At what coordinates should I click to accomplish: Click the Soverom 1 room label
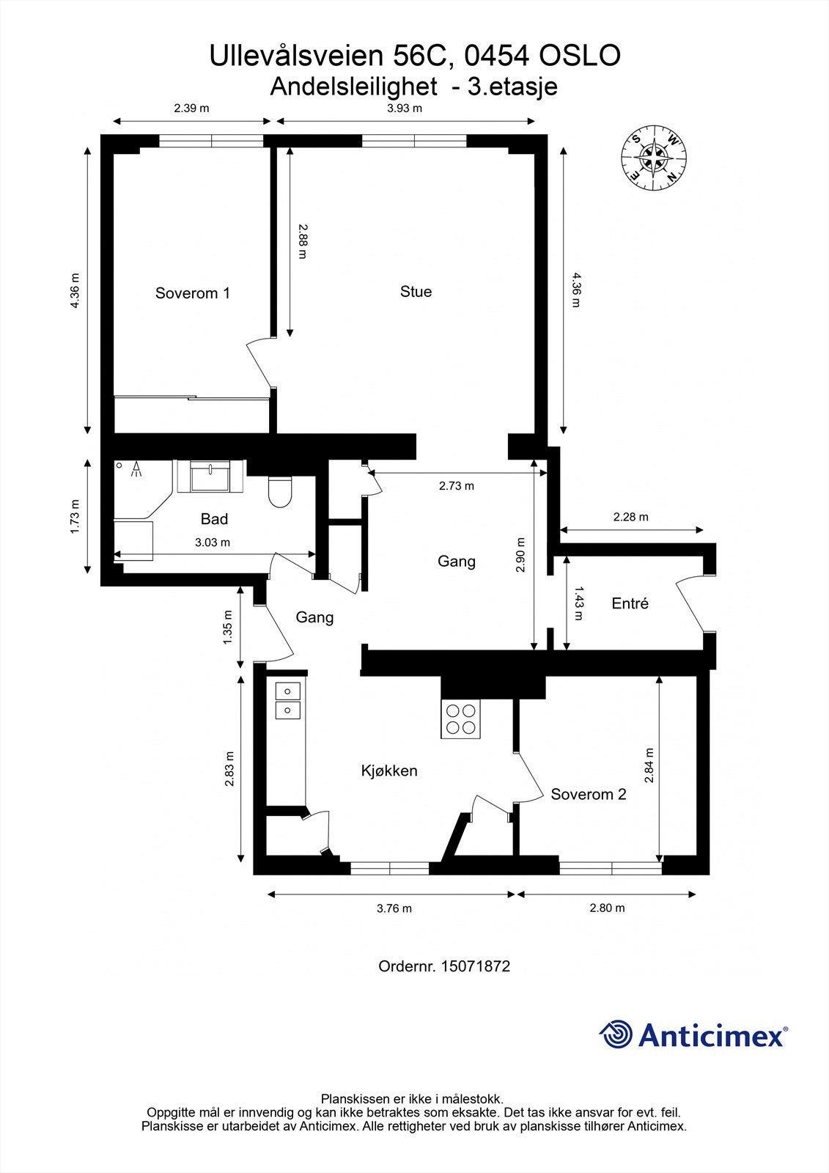coord(192,293)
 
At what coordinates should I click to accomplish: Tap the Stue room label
coord(416,292)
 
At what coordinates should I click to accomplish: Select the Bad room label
coord(214,519)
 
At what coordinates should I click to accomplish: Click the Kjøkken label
coord(389,771)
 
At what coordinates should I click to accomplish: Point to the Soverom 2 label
coord(588,794)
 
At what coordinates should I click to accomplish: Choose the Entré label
coord(630,603)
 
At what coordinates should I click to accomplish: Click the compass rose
coord(654,158)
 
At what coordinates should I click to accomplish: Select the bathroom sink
coord(210,477)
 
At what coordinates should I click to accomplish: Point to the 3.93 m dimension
coord(404,108)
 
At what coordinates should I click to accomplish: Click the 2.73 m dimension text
coord(456,485)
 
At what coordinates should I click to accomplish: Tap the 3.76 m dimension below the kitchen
coord(394,908)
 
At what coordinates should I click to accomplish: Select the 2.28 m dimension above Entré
coord(630,517)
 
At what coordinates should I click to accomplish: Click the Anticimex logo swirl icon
coord(616,1035)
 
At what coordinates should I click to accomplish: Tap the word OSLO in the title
coord(580,56)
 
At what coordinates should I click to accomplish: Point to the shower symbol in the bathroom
coord(136,470)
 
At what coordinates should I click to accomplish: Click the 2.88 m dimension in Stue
coord(302,241)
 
